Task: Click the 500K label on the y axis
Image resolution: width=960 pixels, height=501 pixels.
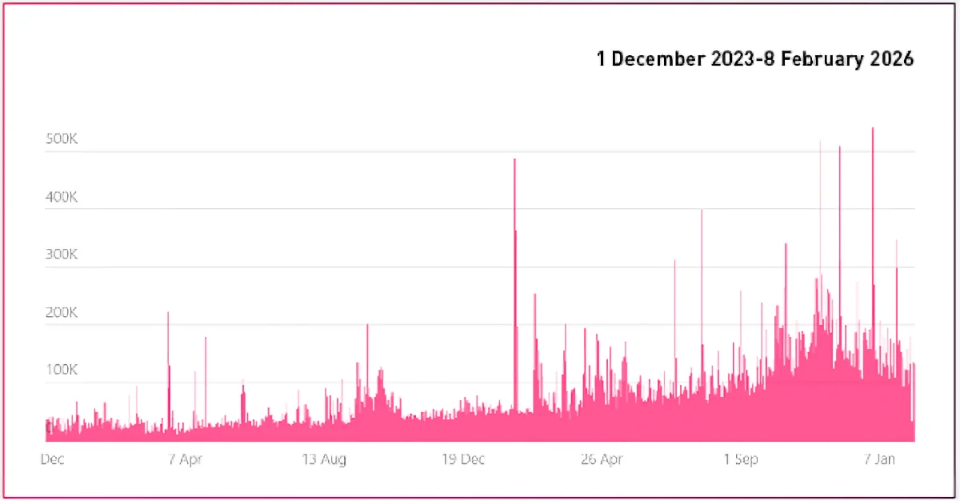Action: pyautogui.click(x=61, y=139)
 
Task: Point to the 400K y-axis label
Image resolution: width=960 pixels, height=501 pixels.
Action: pyautogui.click(x=61, y=197)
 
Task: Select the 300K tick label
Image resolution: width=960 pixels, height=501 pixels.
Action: pyautogui.click(x=61, y=255)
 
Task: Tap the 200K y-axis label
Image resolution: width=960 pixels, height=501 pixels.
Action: pyautogui.click(x=61, y=312)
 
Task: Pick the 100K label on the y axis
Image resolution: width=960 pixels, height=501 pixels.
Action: pyautogui.click(x=61, y=371)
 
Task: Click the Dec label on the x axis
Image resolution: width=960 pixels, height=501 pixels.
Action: pyautogui.click(x=52, y=459)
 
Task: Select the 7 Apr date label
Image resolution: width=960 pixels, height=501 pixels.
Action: pyautogui.click(x=185, y=459)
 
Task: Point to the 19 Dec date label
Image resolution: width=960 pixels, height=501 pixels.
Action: pyautogui.click(x=463, y=459)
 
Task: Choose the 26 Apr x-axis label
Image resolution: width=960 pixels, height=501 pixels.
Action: pyautogui.click(x=602, y=459)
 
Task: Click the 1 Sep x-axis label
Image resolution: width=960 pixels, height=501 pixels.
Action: pyautogui.click(x=741, y=459)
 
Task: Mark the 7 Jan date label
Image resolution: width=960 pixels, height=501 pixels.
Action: pyautogui.click(x=880, y=459)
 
